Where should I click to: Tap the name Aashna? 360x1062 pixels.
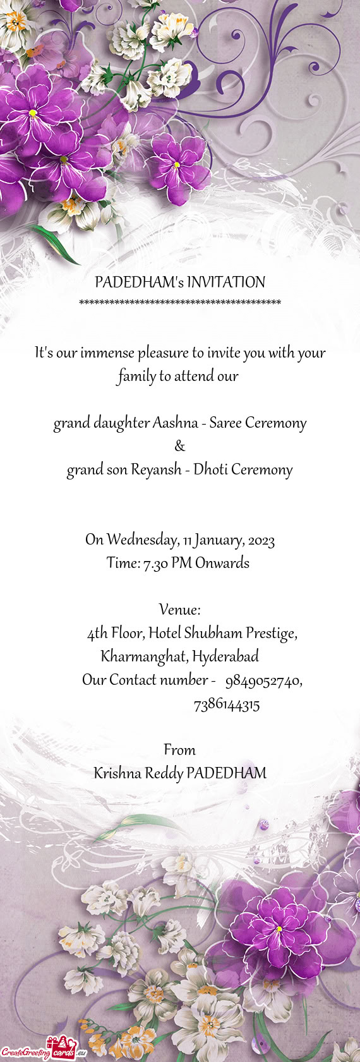click(175, 423)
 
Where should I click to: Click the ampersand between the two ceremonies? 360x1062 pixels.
click(180, 447)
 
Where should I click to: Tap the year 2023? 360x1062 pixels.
click(261, 541)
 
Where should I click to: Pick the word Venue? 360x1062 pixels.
click(180, 610)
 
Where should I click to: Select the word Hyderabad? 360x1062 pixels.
click(225, 657)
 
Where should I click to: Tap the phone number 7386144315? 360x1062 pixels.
click(227, 705)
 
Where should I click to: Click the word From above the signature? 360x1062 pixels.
click(180, 750)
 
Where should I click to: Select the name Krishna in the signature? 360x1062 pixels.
click(117, 773)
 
